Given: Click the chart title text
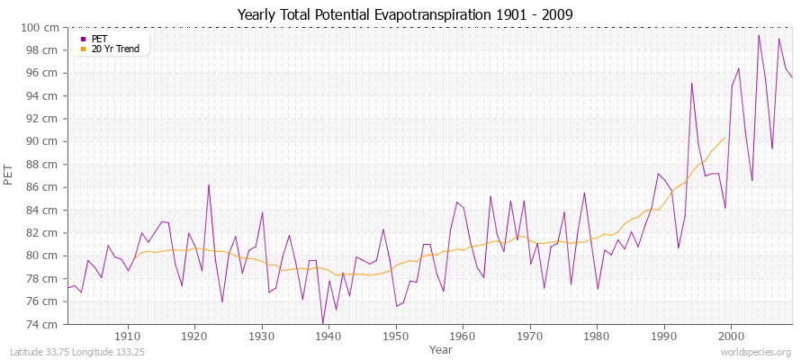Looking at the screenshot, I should [x=404, y=14].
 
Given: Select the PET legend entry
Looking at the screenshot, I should [x=99, y=39].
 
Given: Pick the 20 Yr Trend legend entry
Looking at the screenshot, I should [x=114, y=49].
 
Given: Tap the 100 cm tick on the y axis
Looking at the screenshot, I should [x=44, y=28].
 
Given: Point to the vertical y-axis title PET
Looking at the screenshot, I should [x=9, y=175].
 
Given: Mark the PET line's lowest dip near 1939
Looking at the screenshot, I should [x=322, y=324].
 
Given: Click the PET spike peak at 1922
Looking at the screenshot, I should [x=209, y=185].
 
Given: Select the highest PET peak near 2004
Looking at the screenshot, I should [x=759, y=35].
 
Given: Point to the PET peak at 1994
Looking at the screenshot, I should [x=691, y=84].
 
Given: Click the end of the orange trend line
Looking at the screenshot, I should [x=724, y=138].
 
